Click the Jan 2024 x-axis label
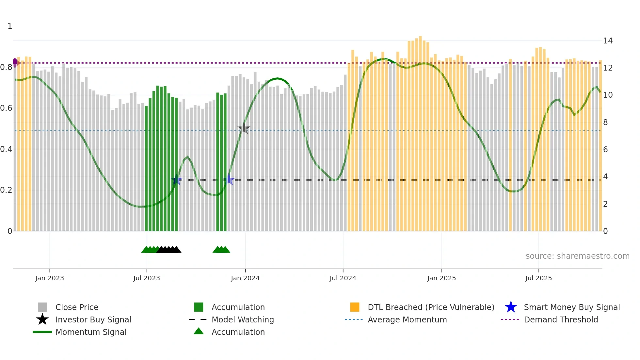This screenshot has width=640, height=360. [x=245, y=278]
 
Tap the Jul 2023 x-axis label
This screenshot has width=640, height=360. [x=147, y=278]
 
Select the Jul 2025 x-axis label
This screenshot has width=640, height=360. [x=538, y=278]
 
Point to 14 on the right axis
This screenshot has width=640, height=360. [x=608, y=41]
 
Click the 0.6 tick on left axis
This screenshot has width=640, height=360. [x=6, y=108]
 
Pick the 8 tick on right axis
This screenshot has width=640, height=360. [x=605, y=123]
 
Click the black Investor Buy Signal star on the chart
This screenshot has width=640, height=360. [x=244, y=128]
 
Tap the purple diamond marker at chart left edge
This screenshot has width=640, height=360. [x=15, y=62]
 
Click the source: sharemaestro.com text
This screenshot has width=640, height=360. [x=577, y=256]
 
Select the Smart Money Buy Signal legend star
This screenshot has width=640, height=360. [x=511, y=307]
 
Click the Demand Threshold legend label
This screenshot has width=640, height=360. [x=561, y=319]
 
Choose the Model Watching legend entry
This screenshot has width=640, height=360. [x=242, y=319]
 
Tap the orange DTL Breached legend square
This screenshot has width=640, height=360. [x=355, y=307]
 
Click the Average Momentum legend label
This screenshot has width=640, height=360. [x=407, y=319]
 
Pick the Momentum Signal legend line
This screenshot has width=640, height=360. [x=42, y=332]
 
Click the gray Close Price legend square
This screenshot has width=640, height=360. [x=42, y=307]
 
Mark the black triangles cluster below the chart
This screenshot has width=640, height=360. [x=169, y=250]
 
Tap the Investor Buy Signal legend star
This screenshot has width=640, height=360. [x=42, y=319]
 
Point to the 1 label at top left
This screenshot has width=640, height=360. [x=10, y=26]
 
